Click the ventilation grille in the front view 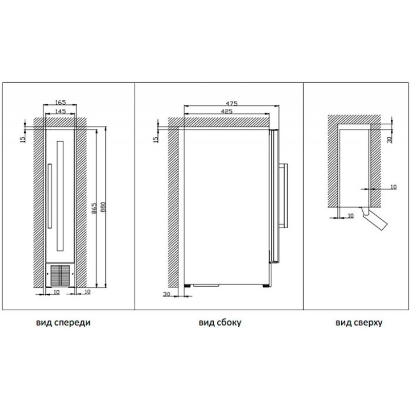pyautogui.click(x=61, y=275)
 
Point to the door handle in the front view pyautogui.click(x=49, y=197)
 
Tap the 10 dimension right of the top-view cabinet pyautogui.click(x=393, y=186)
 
